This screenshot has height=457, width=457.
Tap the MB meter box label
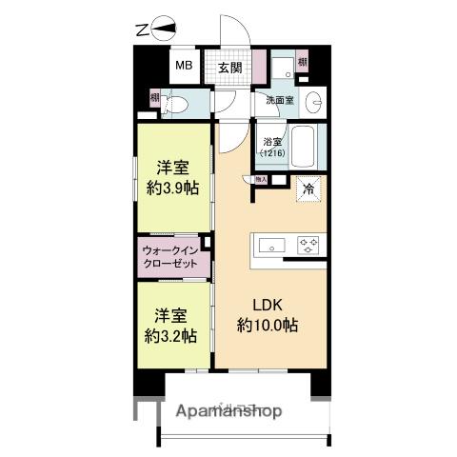click(182, 68)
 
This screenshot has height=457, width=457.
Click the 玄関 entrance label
click(228, 68)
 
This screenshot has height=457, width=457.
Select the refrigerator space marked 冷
click(308, 189)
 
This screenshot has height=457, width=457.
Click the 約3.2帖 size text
click(172, 336)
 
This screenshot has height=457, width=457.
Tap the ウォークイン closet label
click(170, 256)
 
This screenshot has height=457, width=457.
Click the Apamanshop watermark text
click(228, 411)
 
